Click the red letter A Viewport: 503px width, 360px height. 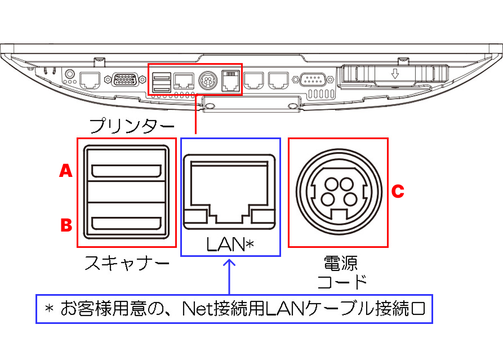tap(66, 171)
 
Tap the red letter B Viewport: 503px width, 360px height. tap(66, 225)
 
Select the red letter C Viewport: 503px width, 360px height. tap(398, 192)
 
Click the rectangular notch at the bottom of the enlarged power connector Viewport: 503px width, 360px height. tap(338, 214)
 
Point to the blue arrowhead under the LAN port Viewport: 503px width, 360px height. tap(230, 264)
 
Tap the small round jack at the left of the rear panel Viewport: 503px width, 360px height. tap(70, 73)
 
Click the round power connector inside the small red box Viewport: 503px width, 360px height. tap(207, 80)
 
